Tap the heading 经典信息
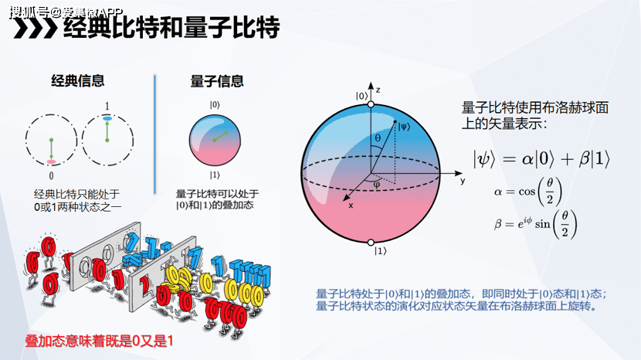coord(77,80)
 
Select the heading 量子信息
coord(217,80)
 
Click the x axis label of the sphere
coord(351,207)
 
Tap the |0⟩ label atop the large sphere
coord(361,96)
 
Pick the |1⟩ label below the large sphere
coord(380,251)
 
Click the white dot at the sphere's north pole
coord(371,104)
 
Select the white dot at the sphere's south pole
coord(371,241)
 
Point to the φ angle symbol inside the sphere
coord(376,184)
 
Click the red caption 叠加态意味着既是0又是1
coord(98,340)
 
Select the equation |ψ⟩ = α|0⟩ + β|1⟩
coord(542,159)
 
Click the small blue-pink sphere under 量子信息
coord(215,138)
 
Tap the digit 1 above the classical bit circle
coord(107,105)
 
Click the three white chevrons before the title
coord(36,28)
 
